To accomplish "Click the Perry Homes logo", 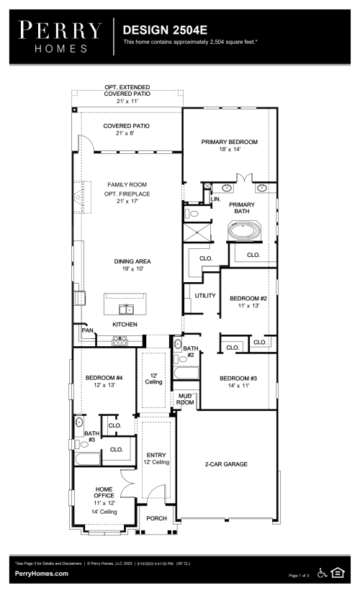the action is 60,37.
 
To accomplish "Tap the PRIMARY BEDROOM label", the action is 230,142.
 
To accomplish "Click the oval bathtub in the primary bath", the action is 244,230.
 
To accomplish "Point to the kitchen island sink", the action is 126,309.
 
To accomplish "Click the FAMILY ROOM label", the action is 127,184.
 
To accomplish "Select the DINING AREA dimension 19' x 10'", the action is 132,269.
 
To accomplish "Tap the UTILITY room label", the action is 205,296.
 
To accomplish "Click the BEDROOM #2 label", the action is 248,299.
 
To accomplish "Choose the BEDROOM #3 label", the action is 238,379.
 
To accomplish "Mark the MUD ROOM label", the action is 185,399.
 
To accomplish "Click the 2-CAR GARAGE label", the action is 226,464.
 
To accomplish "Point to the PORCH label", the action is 156,518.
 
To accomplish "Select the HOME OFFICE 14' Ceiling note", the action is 104,512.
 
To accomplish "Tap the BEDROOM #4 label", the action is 104,377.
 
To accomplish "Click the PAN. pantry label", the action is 89,330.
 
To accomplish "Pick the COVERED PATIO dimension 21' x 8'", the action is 125,133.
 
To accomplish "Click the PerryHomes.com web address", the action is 42,574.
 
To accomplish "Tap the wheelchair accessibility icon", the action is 322,573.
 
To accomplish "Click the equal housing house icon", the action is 337,573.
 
